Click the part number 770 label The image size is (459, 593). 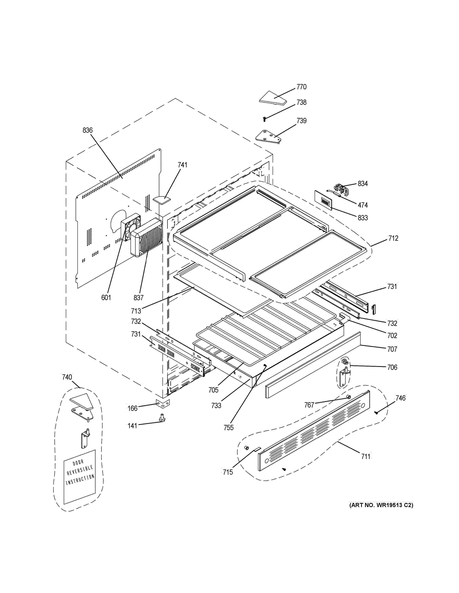301,87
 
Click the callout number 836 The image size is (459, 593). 88,130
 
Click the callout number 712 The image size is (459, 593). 393,238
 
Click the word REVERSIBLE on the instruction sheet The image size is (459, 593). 80,470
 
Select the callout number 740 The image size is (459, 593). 67,377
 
